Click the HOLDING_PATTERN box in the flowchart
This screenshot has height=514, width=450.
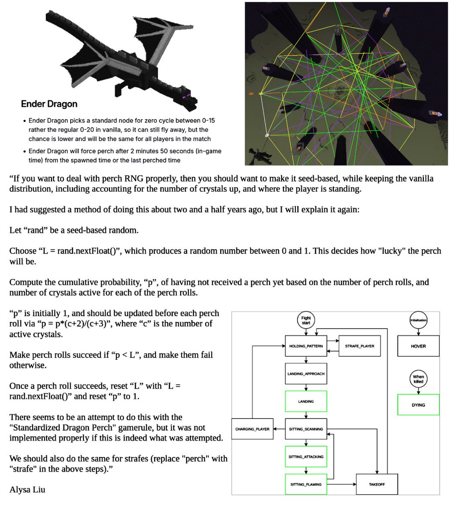tap(306, 346)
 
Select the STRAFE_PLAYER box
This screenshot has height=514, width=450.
tap(360, 346)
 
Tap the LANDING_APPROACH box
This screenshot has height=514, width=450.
tap(306, 374)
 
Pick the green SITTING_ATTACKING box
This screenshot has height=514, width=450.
tap(306, 457)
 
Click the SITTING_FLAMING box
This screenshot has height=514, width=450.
tap(306, 484)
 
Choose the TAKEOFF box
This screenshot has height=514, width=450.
tap(377, 484)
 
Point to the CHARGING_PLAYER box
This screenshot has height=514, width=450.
tap(252, 429)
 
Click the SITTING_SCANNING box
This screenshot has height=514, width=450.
tap(306, 429)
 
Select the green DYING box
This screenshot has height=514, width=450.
tap(418, 405)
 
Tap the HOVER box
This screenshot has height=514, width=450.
tap(418, 346)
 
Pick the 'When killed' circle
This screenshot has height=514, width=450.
tap(418, 379)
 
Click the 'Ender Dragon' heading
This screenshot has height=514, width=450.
tap(49, 104)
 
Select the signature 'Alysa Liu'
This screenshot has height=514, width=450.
tap(27, 490)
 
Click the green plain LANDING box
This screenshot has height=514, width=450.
tap(306, 401)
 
